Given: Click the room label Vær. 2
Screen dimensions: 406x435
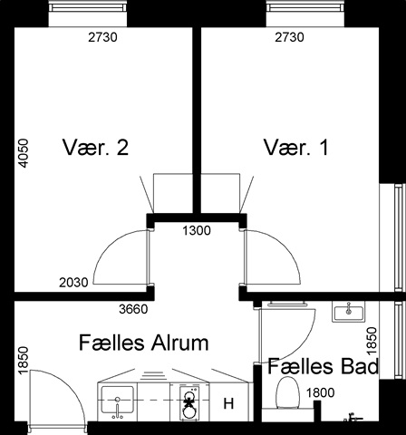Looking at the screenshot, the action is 95,148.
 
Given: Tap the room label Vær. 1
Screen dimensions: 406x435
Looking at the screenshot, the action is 296,148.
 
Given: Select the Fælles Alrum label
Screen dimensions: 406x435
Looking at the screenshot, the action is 144,343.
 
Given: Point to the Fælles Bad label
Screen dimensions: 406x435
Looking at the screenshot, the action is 323,366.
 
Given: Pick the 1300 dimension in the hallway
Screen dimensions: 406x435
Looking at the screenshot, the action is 197,231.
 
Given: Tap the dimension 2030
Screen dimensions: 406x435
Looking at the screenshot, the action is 73,283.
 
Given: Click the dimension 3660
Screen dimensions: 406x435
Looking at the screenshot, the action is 133,309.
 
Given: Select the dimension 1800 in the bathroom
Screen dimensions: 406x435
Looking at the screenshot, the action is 321,392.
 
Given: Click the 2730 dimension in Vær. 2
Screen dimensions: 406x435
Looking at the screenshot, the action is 102,37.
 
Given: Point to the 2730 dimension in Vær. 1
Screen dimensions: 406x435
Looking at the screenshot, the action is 289,37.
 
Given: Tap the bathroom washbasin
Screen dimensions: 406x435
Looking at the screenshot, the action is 348,311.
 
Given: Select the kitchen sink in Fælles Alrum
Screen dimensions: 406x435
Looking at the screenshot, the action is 117,401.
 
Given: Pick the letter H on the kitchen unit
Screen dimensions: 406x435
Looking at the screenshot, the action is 228,403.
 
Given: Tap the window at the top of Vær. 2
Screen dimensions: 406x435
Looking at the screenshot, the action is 88,7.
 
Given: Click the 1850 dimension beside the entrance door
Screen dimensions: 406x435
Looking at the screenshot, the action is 23,361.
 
